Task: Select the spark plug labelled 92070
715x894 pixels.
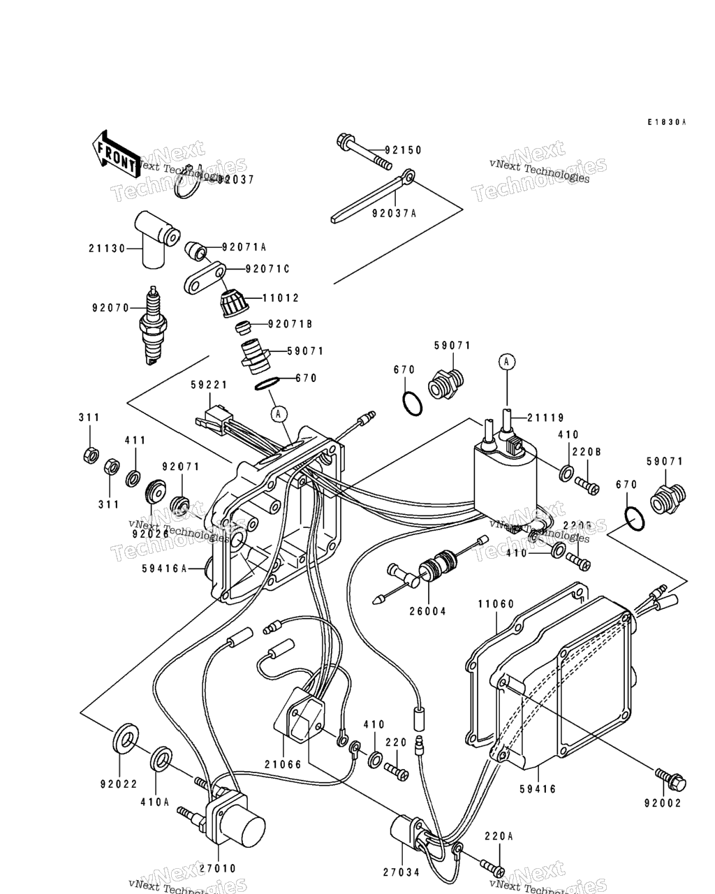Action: (x=153, y=325)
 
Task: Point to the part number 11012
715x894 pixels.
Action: (x=281, y=298)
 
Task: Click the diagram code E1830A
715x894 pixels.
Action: (x=666, y=122)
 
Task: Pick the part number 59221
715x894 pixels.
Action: (x=208, y=385)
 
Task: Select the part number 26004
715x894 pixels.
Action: (x=427, y=611)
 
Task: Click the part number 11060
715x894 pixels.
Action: (x=496, y=604)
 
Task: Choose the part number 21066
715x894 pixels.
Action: (x=283, y=765)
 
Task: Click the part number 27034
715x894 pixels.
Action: (x=401, y=871)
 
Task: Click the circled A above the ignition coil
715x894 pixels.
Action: (x=507, y=361)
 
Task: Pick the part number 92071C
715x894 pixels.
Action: (x=267, y=269)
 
